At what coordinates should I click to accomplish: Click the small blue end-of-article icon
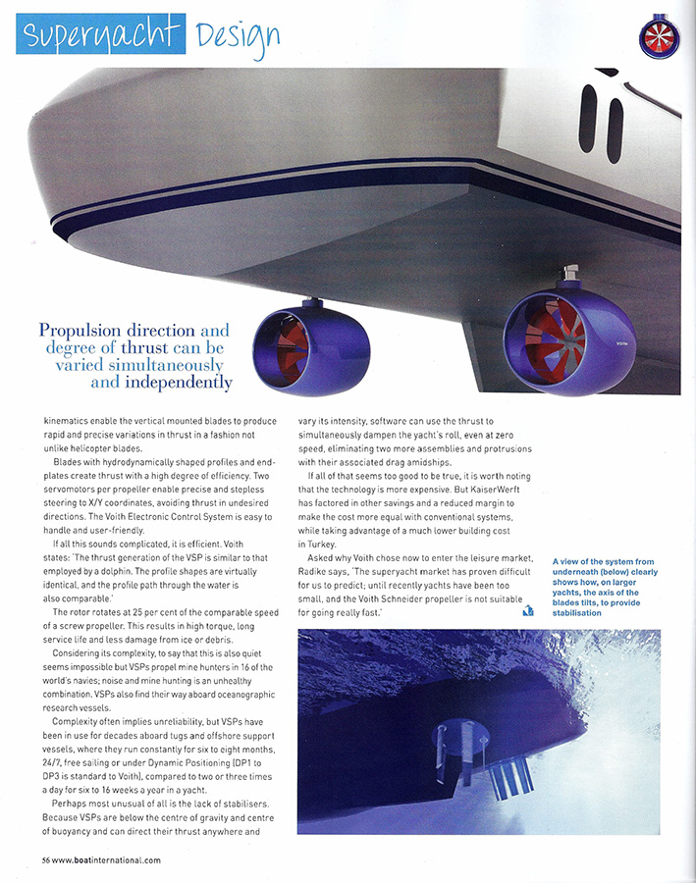click(528, 612)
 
